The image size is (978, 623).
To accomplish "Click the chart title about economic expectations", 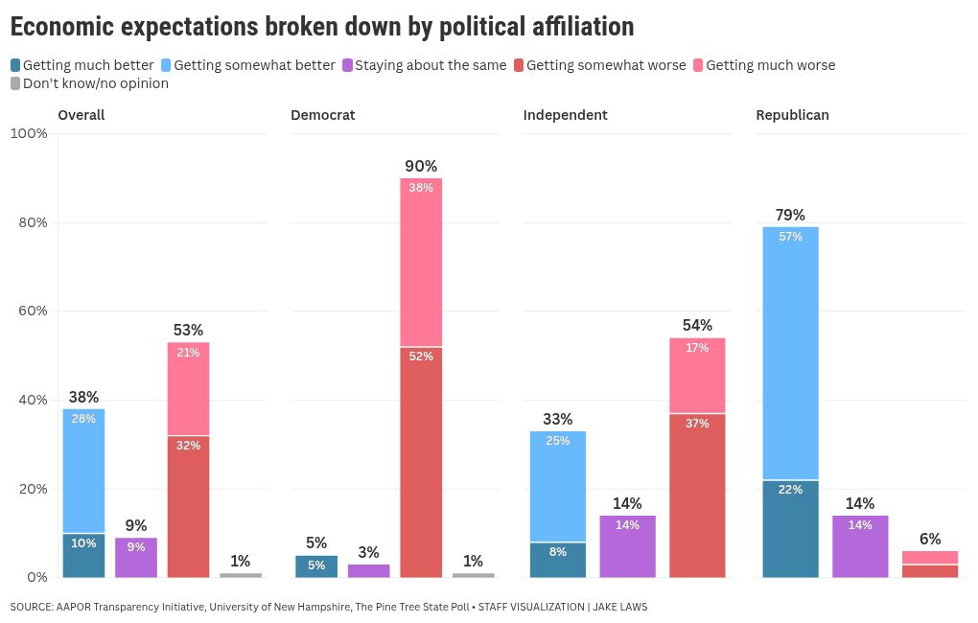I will pyautogui.click(x=322, y=27).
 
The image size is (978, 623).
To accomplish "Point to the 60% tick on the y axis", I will pyautogui.click(x=29, y=311).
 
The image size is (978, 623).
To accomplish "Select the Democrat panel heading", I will pyautogui.click(x=323, y=115).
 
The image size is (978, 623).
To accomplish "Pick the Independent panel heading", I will pyautogui.click(x=565, y=115).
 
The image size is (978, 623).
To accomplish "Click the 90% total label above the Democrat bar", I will pyautogui.click(x=421, y=166).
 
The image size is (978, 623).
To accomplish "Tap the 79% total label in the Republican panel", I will pyautogui.click(x=790, y=215).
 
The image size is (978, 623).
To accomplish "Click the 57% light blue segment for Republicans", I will pyautogui.click(x=790, y=353).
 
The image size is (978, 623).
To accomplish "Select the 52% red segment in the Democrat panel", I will pyautogui.click(x=421, y=461).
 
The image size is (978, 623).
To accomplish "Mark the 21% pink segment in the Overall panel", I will pyautogui.click(x=188, y=388).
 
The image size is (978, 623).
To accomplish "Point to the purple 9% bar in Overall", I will pyautogui.click(x=136, y=557).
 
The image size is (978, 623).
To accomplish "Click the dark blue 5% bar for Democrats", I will pyautogui.click(x=316, y=565).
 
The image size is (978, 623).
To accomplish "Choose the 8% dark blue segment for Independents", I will pyautogui.click(x=558, y=559).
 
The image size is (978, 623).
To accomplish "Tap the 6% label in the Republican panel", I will pyautogui.click(x=930, y=539).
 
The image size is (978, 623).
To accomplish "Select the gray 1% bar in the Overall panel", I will pyautogui.click(x=241, y=574).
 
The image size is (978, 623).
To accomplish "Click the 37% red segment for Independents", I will pyautogui.click(x=697, y=495).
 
